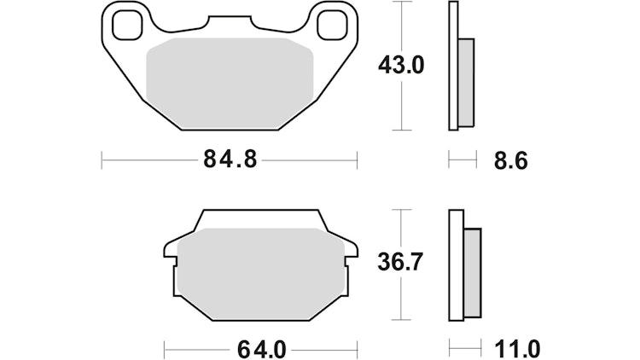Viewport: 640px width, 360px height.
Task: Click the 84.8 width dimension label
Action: tap(230, 160)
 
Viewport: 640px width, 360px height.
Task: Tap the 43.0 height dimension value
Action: tap(402, 65)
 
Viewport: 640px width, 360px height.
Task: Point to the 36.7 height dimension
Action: tap(400, 263)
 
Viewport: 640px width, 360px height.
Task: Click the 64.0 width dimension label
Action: tap(261, 349)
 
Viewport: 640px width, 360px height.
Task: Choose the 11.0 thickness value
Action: tap(516, 349)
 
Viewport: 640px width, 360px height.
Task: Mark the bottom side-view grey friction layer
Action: tap(472, 274)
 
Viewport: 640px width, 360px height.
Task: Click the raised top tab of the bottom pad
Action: tap(260, 219)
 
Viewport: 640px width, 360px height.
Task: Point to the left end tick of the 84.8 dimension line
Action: tap(102, 160)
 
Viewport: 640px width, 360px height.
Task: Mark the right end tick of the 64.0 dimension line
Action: tap(356, 349)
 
